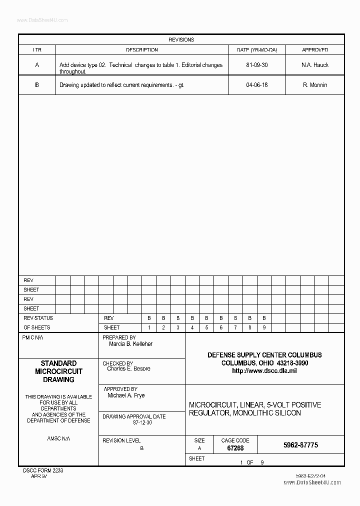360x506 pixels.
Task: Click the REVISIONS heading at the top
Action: point(181,39)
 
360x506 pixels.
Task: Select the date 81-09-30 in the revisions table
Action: point(256,65)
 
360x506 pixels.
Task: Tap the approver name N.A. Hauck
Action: point(315,65)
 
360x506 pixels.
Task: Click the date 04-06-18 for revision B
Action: point(256,85)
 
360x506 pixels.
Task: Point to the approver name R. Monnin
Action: point(315,85)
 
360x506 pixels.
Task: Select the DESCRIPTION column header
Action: point(141,50)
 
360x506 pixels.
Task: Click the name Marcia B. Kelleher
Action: point(130,344)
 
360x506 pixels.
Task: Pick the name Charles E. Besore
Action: point(128,369)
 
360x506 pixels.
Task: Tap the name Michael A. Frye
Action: point(126,395)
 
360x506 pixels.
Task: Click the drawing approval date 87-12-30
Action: point(142,422)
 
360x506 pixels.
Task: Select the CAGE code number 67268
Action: point(235,448)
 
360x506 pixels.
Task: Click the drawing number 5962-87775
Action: point(300,445)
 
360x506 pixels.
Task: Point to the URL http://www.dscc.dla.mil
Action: point(264,371)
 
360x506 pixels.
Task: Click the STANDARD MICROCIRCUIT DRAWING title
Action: point(58,371)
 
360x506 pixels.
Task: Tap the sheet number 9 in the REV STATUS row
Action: point(264,327)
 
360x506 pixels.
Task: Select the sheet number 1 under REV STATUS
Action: point(149,327)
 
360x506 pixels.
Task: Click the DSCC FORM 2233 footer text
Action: point(43,470)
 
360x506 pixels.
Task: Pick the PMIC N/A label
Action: point(30,338)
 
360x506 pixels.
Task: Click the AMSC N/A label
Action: point(58,438)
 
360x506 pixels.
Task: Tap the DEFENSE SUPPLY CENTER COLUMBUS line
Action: point(264,355)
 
